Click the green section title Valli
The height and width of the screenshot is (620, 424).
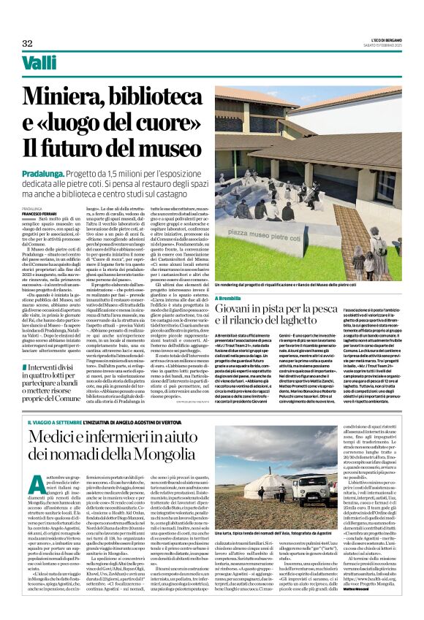pyautogui.click(x=39, y=64)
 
